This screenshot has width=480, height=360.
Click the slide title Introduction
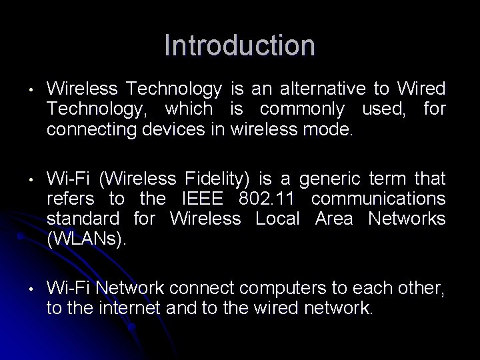239,46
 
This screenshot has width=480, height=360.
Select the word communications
379,199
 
